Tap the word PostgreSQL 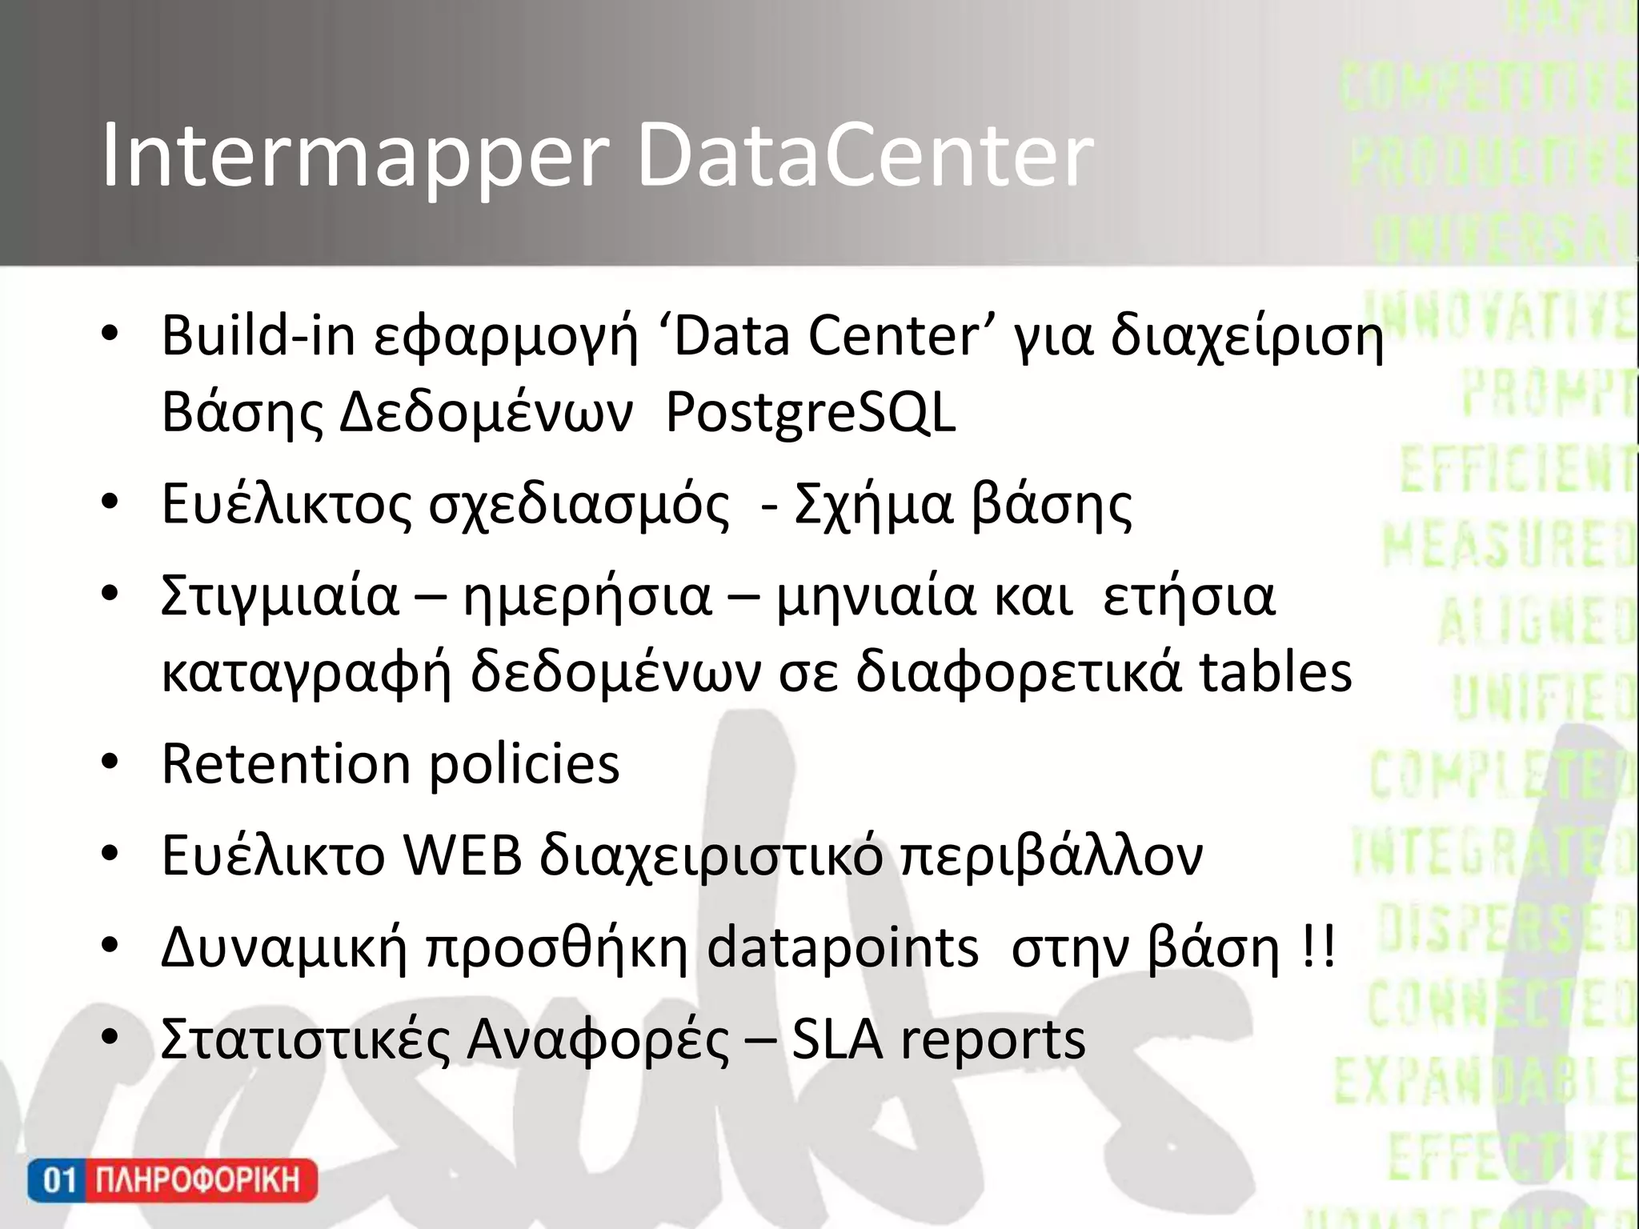[x=810, y=414]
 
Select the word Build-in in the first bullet [x=258, y=336]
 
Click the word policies [x=524, y=765]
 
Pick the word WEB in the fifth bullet [x=462, y=855]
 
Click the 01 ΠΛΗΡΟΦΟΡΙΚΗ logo [x=172, y=1180]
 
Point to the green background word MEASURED [x=1509, y=546]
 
